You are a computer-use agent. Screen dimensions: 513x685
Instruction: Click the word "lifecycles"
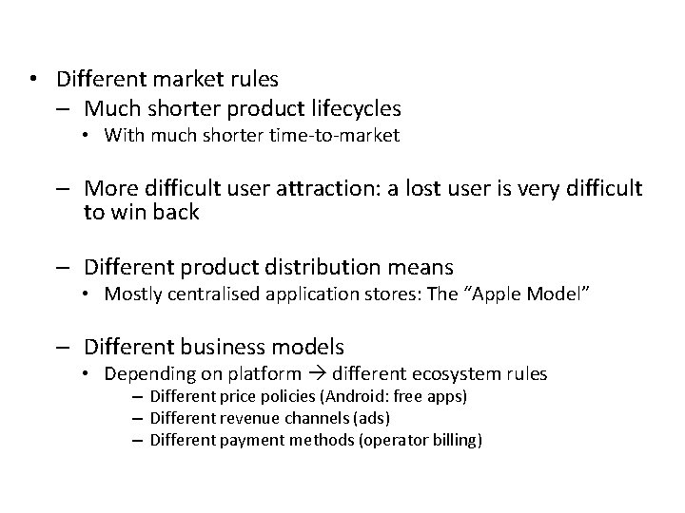tap(353, 109)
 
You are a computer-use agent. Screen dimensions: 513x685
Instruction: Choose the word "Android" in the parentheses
tap(351, 396)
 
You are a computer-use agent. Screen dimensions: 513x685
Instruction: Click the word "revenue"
tap(252, 418)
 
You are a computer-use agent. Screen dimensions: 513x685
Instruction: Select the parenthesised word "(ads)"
tap(372, 418)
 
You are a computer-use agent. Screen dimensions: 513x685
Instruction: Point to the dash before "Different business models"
tap(68, 347)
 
